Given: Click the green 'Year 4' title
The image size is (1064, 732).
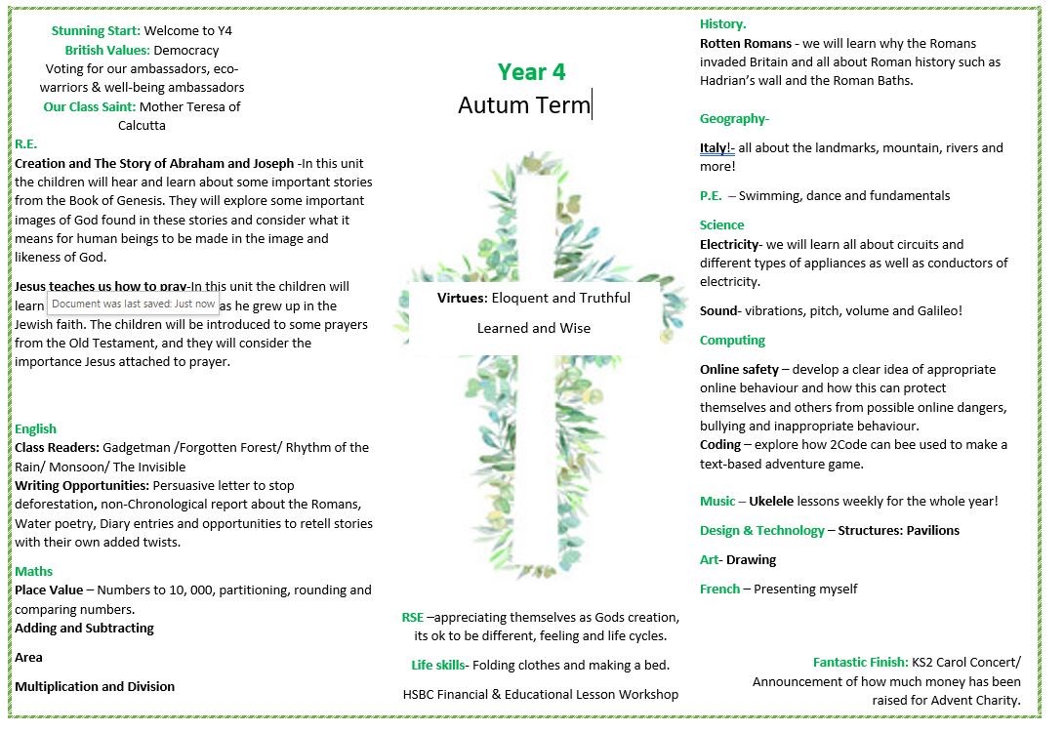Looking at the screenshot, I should [531, 71].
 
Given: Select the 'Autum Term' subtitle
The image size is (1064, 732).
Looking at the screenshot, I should [524, 104].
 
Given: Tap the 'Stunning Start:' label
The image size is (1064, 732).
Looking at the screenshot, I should [96, 31].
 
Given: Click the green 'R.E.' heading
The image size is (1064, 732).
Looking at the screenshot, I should [26, 144].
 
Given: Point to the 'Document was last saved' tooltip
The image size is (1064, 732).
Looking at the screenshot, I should [133, 305].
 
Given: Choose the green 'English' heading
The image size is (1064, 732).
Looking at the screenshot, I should [36, 428].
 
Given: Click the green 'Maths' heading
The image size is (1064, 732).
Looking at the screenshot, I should [34, 571].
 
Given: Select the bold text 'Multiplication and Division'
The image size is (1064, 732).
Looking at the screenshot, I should [95, 686].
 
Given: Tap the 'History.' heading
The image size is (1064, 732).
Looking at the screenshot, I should [723, 24].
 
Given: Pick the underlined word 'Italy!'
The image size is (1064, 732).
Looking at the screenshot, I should [716, 148].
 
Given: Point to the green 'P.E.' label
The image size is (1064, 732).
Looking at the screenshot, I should [712, 195].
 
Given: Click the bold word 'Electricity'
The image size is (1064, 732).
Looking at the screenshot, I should [729, 244].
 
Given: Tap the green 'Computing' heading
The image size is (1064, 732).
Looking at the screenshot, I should [732, 340].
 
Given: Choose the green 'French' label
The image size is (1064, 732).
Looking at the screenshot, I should [719, 589].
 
